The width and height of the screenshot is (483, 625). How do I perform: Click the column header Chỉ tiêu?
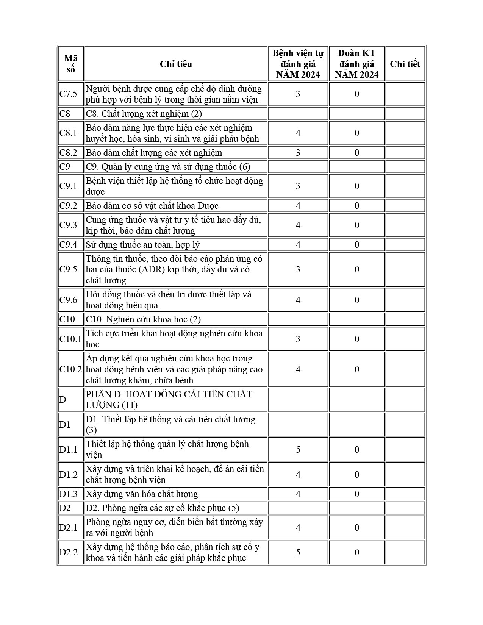[176, 64]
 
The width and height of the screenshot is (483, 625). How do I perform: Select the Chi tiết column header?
[405, 64]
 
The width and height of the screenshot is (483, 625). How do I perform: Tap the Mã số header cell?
[71, 64]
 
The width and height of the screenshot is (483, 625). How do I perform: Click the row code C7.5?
[68, 94]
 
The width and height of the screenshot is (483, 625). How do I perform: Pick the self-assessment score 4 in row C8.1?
[298, 133]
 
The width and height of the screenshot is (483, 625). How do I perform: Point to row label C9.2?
[68, 206]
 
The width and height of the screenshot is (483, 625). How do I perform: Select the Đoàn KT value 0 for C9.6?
[356, 300]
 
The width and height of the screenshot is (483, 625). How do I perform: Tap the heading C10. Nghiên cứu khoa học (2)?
[144, 319]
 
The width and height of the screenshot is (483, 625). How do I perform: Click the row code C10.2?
[70, 369]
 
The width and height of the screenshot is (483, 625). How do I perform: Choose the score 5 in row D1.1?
[298, 450]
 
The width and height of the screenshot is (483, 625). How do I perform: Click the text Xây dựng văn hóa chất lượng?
[142, 494]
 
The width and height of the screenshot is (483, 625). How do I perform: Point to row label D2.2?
[69, 552]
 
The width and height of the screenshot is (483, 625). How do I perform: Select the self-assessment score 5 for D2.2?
[298, 552]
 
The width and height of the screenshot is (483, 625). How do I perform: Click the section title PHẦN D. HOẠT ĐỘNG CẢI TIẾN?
[169, 394]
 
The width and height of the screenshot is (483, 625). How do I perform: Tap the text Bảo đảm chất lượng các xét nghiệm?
[154, 153]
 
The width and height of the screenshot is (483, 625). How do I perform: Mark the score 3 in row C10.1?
[298, 339]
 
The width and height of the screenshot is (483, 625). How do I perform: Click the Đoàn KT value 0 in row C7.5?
[356, 94]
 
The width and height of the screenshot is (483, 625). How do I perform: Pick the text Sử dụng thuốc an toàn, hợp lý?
[143, 245]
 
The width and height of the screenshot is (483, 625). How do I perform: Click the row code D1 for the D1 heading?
[65, 425]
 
